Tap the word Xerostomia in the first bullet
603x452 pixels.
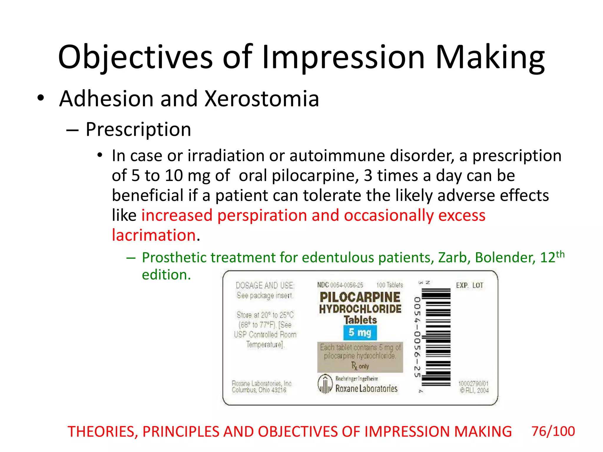(262, 99)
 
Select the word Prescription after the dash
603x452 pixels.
(138, 129)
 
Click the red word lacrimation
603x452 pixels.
(154, 235)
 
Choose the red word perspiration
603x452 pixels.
(262, 215)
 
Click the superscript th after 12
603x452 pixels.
(560, 254)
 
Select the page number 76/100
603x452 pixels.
(553, 431)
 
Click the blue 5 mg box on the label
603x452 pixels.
(360, 333)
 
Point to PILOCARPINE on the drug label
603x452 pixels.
(360, 297)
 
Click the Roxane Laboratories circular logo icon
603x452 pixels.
(325, 384)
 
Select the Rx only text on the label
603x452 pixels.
(360, 366)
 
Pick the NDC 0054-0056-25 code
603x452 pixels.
(340, 285)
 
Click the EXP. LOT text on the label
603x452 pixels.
(469, 285)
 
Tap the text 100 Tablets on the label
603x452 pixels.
(390, 285)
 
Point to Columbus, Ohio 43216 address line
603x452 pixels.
(259, 390)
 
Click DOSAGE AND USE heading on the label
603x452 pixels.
(265, 285)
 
